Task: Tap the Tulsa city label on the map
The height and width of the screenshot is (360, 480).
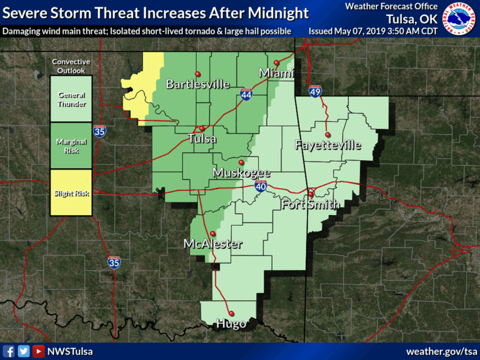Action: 203,138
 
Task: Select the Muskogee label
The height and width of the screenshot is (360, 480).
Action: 241,173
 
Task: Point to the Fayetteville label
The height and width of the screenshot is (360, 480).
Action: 328,144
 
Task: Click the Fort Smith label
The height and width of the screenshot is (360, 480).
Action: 311,204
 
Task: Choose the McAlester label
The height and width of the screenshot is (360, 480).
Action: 213,244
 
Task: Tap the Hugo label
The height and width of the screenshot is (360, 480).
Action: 231,324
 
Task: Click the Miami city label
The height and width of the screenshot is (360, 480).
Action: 276,72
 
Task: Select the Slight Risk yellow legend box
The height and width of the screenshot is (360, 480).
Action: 71,193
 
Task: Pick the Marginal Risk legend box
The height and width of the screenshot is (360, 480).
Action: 71,146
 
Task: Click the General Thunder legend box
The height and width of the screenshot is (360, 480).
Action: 71,99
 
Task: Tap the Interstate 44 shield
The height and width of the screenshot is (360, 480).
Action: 246,95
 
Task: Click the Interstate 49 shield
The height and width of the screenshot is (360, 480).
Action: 315,92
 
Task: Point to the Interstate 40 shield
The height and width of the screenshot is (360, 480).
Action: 260,188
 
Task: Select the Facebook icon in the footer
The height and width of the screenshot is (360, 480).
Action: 9,351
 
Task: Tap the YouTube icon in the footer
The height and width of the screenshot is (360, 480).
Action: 38,351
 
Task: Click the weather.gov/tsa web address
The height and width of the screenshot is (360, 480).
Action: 441,351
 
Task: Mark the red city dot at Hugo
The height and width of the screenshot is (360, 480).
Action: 231,314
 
